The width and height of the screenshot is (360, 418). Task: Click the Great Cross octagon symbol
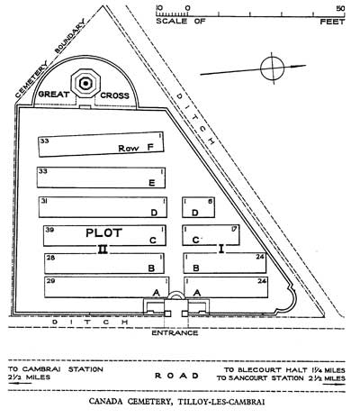(x=85, y=83)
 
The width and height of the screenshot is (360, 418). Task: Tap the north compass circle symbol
(x=272, y=68)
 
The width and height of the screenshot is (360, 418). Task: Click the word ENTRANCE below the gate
(x=175, y=332)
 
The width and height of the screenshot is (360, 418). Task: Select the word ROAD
(x=176, y=376)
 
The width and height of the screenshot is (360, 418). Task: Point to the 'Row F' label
(x=136, y=148)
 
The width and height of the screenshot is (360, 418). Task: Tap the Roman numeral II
(x=103, y=250)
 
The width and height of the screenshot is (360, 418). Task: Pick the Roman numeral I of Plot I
(x=221, y=249)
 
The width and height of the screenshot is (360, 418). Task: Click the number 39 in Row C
(x=49, y=230)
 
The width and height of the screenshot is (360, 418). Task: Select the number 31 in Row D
(x=44, y=201)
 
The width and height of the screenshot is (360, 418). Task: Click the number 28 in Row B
(x=50, y=258)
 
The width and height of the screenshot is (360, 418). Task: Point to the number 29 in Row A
(x=50, y=281)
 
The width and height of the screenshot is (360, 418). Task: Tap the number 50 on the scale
(x=340, y=8)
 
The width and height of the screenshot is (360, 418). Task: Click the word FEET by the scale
(x=332, y=22)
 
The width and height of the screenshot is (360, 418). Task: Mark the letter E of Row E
(x=152, y=183)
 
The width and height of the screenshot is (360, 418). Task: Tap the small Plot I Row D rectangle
(x=198, y=207)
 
